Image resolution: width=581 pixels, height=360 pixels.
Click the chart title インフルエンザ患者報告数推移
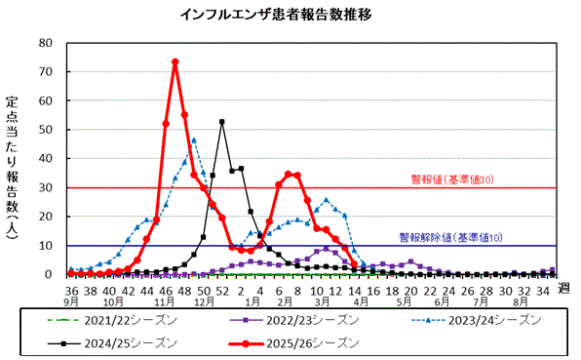coord(290,15)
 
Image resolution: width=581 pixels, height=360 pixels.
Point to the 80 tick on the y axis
coord(47,43)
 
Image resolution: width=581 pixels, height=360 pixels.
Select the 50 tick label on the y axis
coord(47,130)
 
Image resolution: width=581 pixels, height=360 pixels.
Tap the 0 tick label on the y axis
coord(50,275)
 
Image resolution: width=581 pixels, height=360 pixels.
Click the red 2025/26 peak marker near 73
coord(174,62)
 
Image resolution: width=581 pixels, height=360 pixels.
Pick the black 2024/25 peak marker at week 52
coord(222,122)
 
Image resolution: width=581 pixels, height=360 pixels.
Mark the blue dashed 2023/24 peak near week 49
coord(193,140)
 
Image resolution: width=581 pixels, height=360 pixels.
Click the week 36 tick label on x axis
coord(71,290)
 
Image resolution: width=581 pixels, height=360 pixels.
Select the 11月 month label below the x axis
coord(165,302)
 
